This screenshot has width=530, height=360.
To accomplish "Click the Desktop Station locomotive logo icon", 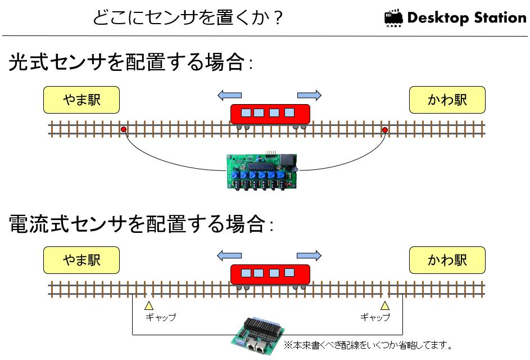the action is (393, 18).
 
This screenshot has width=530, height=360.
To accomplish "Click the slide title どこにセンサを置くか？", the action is (188, 17).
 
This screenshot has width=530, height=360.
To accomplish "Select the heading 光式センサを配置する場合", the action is (130, 62).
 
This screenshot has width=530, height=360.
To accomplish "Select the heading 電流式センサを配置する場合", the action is (141, 224).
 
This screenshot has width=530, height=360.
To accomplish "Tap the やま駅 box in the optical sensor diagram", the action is (81, 100).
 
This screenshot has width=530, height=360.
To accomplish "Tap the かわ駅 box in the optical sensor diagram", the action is (447, 100).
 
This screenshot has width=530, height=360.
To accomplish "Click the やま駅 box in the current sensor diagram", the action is (81, 260).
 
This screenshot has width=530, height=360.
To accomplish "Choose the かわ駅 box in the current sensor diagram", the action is (447, 260).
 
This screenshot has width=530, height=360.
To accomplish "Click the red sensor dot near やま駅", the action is (124, 129).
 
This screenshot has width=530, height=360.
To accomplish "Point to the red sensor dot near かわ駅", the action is (384, 129).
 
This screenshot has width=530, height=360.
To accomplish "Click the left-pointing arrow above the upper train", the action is (229, 96).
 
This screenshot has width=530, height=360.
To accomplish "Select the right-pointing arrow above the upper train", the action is (309, 96).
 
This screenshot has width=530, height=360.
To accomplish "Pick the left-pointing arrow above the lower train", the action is (229, 255).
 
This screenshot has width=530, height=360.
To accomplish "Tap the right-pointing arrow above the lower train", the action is (309, 255).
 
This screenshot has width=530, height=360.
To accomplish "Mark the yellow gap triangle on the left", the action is (149, 306).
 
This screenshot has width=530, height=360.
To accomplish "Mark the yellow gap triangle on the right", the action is (384, 306).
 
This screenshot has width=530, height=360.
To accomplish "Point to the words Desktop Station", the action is (467, 18).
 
